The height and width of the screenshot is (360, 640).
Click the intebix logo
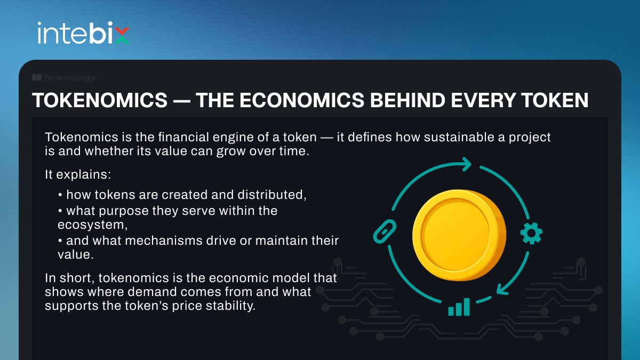[x=83, y=33]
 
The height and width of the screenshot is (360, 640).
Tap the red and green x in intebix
[x=122, y=36]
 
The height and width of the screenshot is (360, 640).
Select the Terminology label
[x=69, y=78]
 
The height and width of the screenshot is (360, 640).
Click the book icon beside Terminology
[x=37, y=78]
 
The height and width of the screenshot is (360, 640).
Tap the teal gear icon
[x=531, y=233]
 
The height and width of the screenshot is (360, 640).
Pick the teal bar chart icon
[x=459, y=307]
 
